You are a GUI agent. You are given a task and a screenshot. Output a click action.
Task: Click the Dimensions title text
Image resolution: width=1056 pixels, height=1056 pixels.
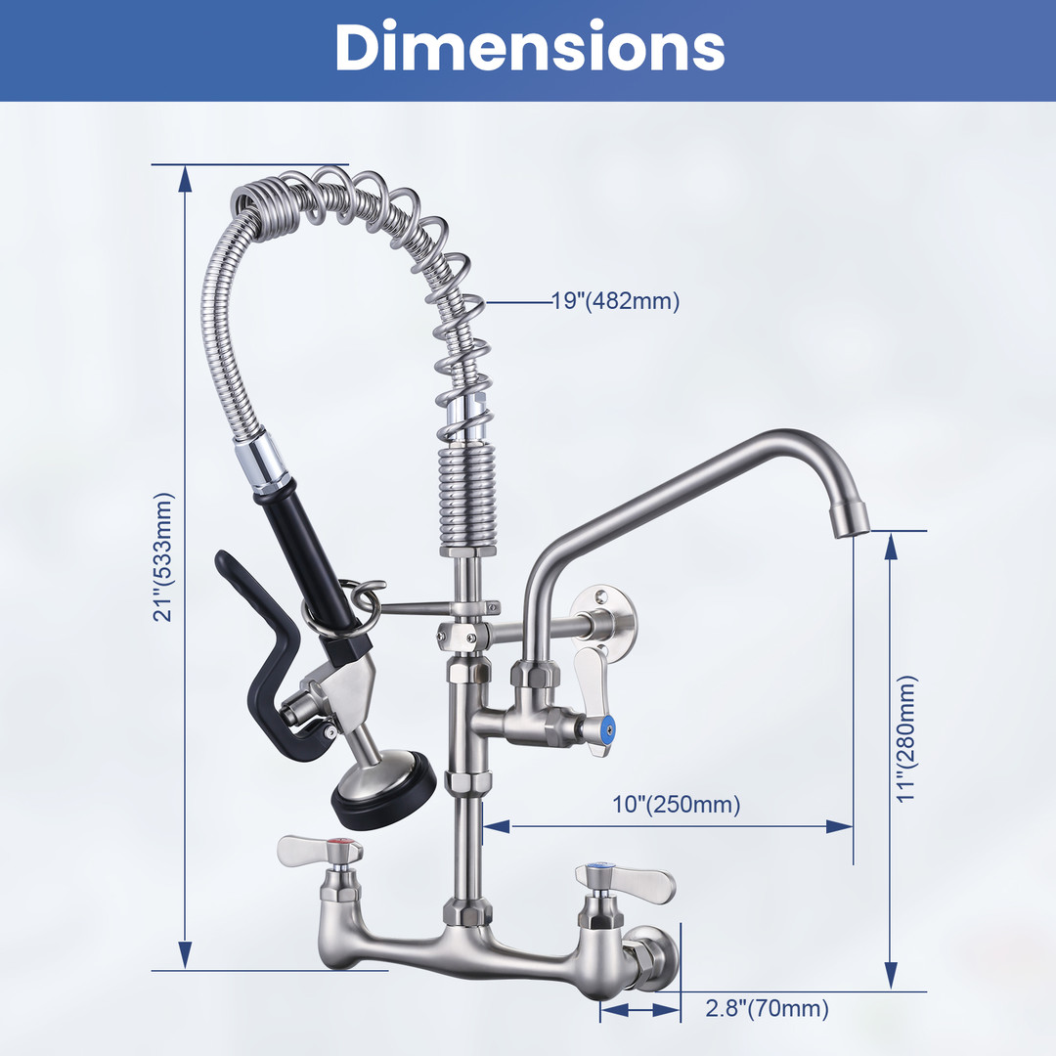point(529,47)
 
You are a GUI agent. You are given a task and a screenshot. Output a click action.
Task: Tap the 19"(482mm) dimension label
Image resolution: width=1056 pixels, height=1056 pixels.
point(616,301)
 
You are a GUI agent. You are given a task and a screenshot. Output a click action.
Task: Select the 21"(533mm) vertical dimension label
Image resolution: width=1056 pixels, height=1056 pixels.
point(163,557)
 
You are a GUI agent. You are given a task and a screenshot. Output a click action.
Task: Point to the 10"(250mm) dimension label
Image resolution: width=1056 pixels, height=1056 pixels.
point(677,804)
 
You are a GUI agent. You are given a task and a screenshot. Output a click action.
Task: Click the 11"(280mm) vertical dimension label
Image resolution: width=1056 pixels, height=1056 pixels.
point(906,738)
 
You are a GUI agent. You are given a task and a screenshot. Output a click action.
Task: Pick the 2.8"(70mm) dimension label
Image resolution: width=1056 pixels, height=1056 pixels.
point(768,1008)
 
